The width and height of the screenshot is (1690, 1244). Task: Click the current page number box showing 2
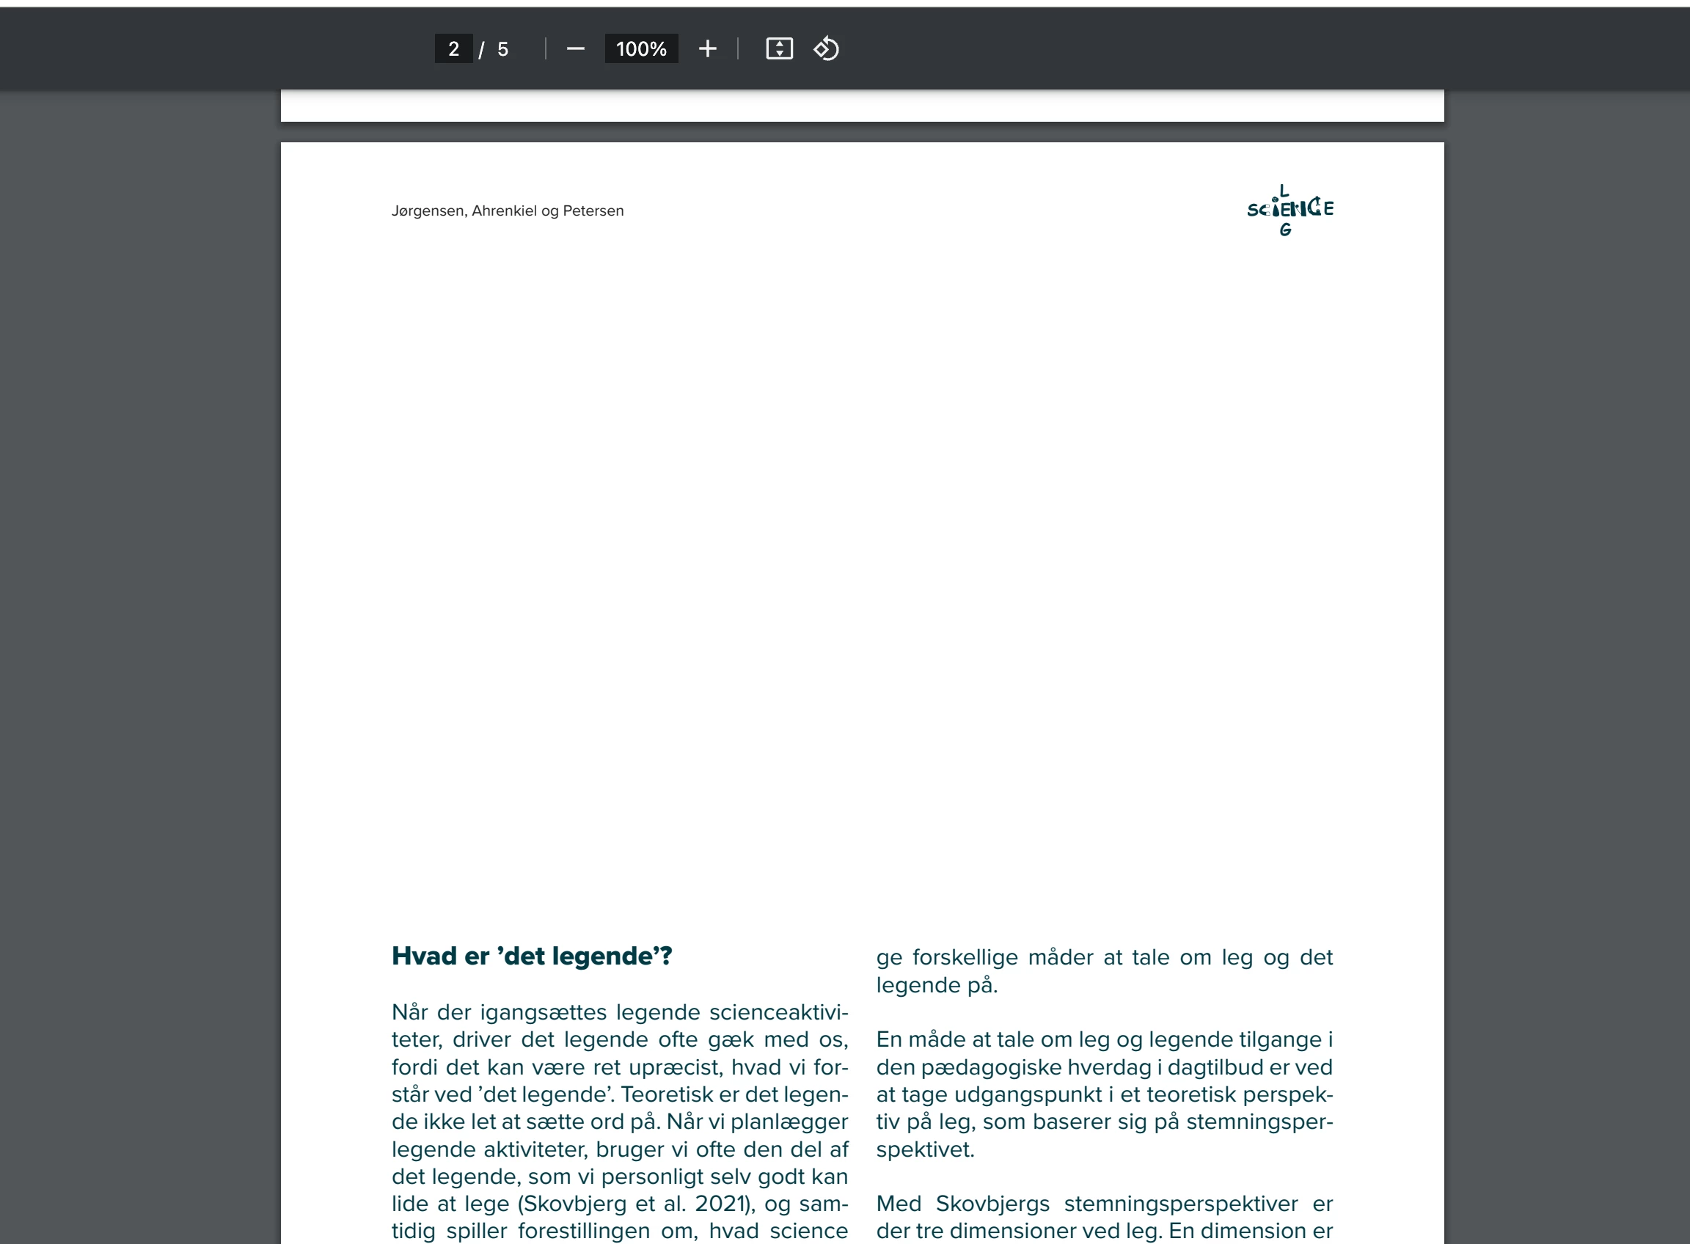point(453,49)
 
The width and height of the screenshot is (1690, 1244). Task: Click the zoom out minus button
point(575,49)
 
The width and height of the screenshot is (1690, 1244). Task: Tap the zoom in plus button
point(707,49)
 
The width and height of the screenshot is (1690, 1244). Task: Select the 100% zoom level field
point(641,49)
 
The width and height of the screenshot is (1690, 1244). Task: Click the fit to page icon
point(780,49)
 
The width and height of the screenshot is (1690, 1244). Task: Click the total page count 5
point(503,50)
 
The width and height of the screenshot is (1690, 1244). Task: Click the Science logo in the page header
point(1290,210)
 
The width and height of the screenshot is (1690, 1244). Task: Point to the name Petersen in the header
point(593,211)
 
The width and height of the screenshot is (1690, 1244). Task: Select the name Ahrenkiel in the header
point(505,211)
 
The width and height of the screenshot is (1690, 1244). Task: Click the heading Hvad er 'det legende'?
point(532,956)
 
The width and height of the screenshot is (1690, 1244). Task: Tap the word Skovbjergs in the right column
point(992,1204)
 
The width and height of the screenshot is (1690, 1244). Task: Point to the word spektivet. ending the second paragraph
point(925,1149)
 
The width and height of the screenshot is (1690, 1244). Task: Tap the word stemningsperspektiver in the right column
point(1181,1204)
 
